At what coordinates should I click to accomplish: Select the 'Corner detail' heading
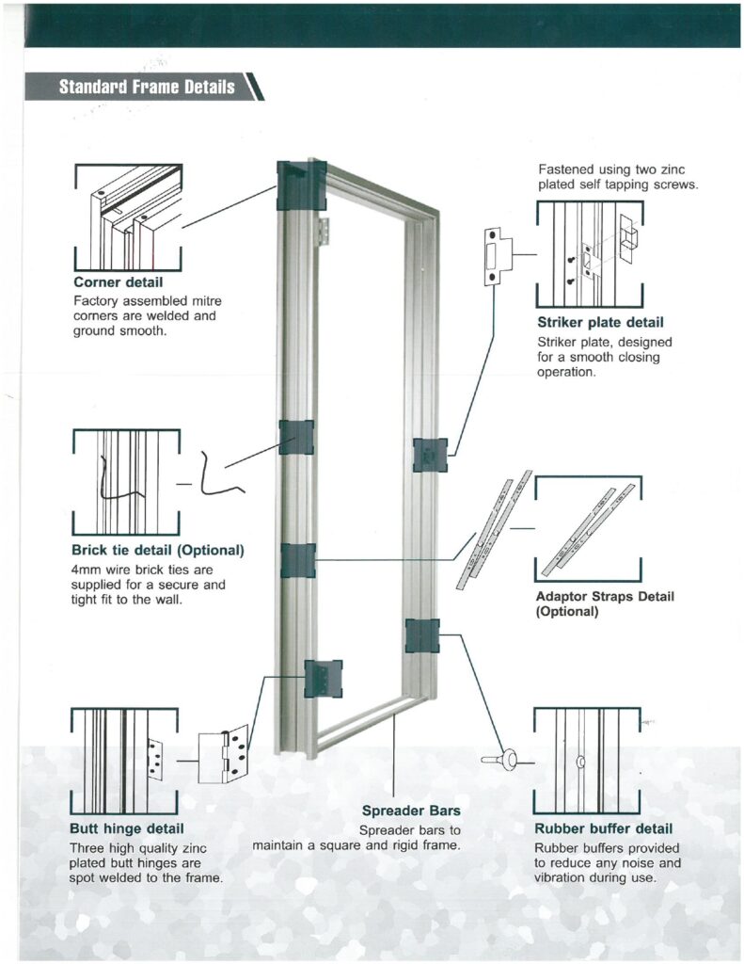(118, 281)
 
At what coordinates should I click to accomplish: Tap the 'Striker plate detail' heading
(600, 324)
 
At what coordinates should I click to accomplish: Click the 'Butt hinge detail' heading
(127, 828)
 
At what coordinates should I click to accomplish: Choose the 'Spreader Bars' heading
(411, 811)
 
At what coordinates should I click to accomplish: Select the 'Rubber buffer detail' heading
(603, 828)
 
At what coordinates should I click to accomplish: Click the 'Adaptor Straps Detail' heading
(605, 596)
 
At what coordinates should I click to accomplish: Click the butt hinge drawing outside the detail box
(224, 754)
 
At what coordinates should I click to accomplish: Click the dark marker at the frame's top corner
(301, 185)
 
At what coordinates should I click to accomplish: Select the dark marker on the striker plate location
(430, 455)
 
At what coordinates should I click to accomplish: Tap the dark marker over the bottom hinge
(324, 678)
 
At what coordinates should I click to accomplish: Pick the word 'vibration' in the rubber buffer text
(566, 878)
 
